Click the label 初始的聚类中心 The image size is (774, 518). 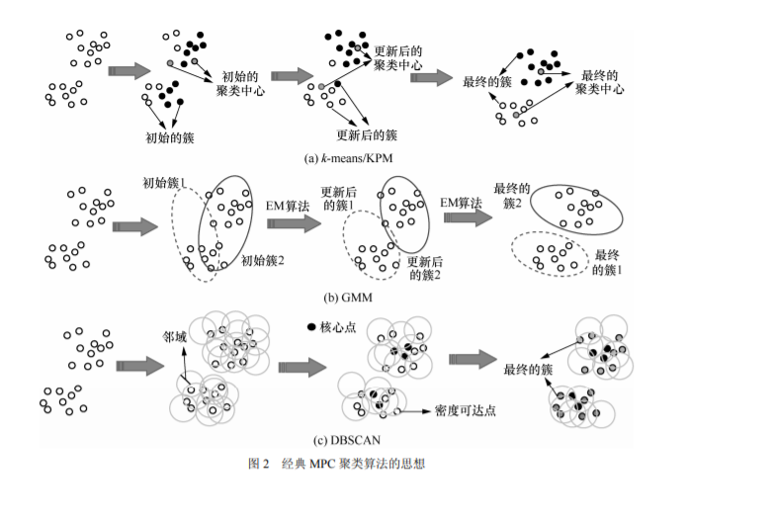(x=239, y=83)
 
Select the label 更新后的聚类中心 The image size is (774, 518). (x=399, y=57)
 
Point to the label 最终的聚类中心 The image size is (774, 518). (x=601, y=81)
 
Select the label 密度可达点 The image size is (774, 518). (x=463, y=408)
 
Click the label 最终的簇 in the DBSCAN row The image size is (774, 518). (x=527, y=368)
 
